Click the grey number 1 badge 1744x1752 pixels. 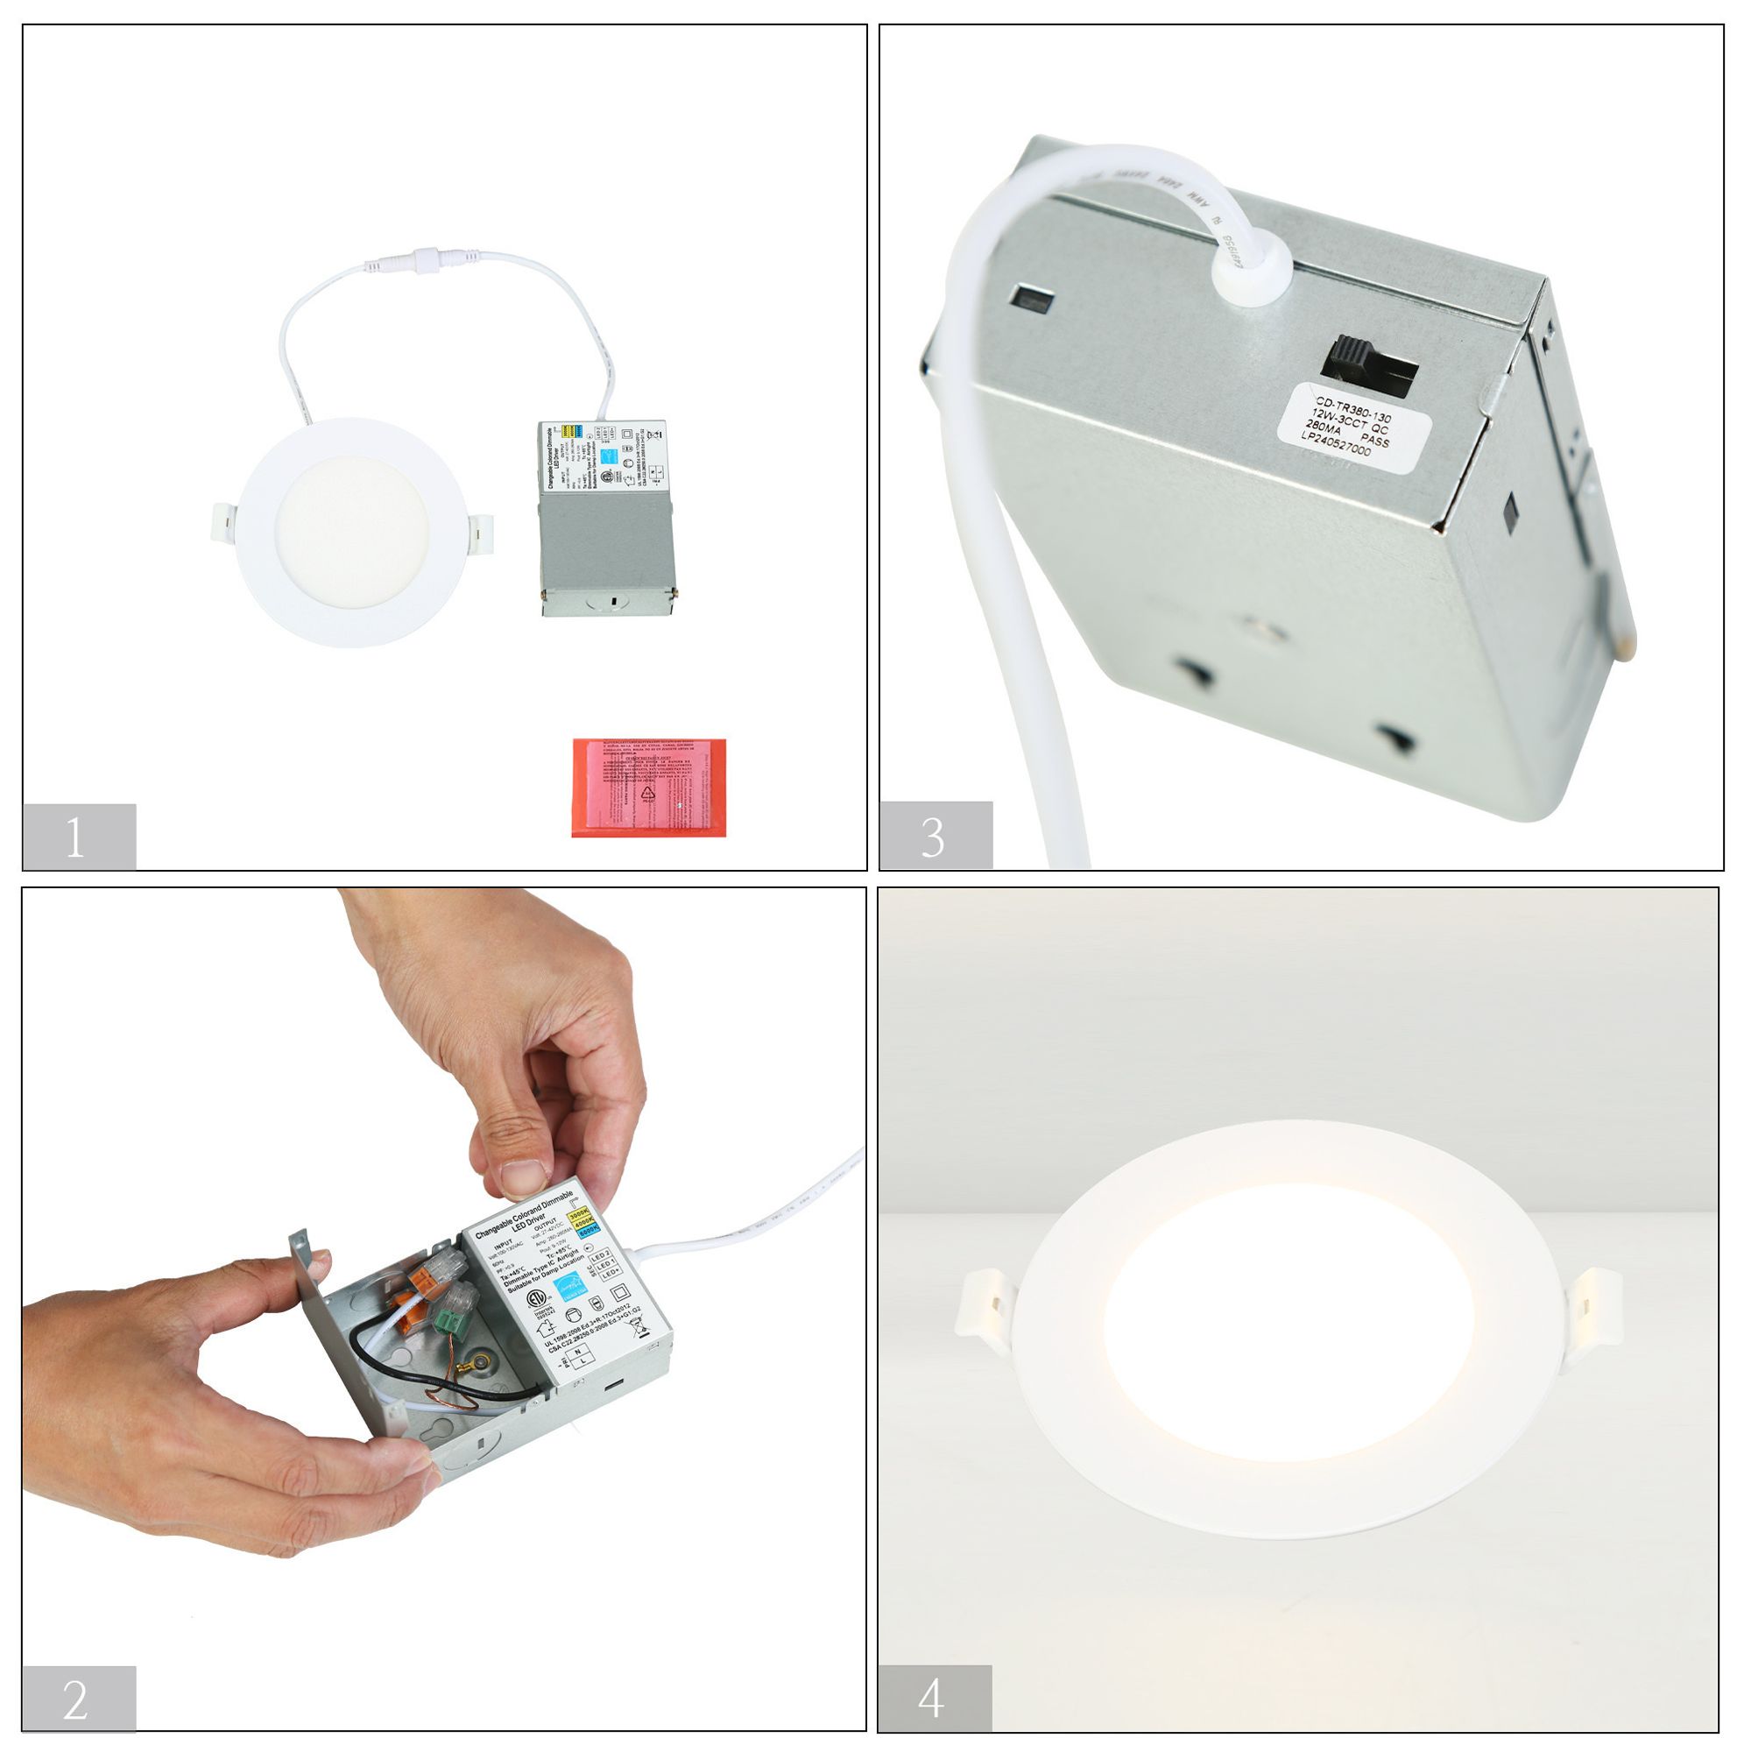[78, 837]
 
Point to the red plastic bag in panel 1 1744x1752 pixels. [647, 788]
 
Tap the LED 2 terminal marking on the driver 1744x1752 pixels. [600, 1256]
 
